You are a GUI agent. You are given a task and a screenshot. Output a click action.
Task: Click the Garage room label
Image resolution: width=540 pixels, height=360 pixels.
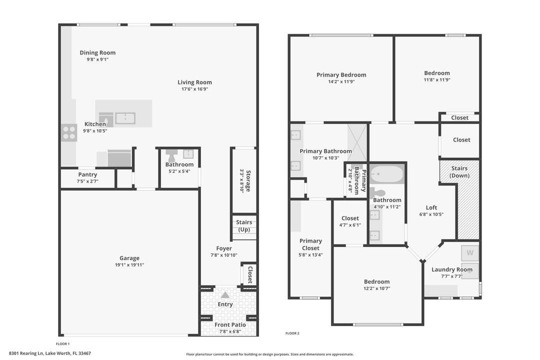click(129, 258)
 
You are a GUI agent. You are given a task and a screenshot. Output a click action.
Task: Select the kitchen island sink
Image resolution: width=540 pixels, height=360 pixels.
click(125, 118)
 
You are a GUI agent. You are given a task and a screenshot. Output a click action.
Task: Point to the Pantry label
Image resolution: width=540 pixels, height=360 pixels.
click(87, 174)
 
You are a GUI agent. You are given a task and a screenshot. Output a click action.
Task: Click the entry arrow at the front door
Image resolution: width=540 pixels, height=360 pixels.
click(225, 295)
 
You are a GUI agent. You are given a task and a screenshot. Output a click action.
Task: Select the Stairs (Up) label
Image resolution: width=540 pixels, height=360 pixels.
click(244, 226)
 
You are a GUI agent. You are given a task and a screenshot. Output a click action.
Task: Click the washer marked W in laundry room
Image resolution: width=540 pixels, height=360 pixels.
click(469, 252)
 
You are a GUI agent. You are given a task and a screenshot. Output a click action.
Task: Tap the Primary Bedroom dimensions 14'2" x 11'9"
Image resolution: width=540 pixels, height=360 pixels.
click(341, 81)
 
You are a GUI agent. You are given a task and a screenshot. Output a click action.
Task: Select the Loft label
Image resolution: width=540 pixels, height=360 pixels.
click(431, 207)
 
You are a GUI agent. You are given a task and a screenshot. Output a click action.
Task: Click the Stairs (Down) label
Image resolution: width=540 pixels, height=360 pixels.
click(459, 172)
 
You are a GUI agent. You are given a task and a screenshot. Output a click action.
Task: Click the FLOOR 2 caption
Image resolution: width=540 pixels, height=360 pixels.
click(292, 333)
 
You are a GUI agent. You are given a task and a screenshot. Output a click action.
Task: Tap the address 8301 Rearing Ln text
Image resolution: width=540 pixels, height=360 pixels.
click(73, 353)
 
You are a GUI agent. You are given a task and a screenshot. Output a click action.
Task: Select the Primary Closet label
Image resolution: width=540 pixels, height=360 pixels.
click(310, 244)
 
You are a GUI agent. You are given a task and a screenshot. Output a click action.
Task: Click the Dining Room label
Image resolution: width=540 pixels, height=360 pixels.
click(97, 52)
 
